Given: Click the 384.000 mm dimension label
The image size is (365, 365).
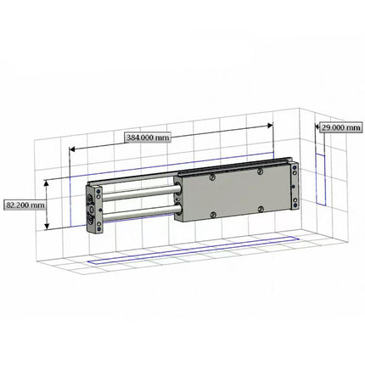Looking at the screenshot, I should pos(147,137).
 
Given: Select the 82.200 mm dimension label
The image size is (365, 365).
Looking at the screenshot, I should pos(25,205).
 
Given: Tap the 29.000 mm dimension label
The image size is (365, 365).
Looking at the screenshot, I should pos(340,128).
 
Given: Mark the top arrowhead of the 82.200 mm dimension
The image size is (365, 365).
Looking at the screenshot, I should pos(47,182).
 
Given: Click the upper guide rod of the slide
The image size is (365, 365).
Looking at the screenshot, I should pos(140,194).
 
